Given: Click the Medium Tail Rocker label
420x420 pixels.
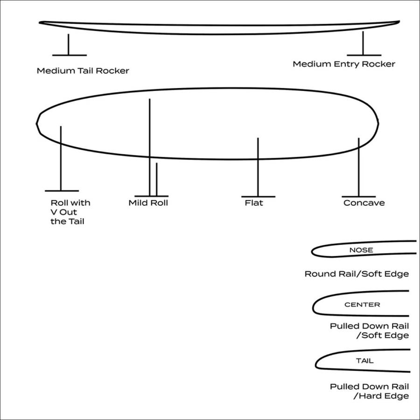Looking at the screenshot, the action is tap(83, 71).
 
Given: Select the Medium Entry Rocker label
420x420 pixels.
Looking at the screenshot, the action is tap(344, 64).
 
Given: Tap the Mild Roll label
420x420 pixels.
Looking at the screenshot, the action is tap(148, 203).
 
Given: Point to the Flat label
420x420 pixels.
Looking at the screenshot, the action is tap(254, 203).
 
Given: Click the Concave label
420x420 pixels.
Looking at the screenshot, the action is tap(364, 203).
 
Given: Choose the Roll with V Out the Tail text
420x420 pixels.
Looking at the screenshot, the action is tap(70, 212).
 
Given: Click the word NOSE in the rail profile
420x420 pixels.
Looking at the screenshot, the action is tap(361, 250).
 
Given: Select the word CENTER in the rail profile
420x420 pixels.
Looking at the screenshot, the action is tap(362, 305).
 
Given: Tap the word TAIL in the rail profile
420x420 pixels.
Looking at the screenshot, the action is tap(364, 361).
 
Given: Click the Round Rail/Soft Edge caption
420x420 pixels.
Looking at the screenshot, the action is tap(357, 274).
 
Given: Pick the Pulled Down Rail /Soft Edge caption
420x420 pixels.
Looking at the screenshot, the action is tap(370, 330).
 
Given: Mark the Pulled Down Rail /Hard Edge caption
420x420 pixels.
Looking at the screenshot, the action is tap(370, 391).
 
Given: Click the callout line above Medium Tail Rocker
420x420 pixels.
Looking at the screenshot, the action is tap(69, 44).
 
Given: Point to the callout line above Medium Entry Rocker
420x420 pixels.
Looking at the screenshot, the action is tap(363, 43).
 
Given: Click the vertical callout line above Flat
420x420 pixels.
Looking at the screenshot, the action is tap(258, 167).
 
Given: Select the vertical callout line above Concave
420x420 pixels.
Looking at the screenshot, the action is tap(359, 167).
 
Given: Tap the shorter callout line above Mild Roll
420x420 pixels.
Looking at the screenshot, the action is tap(157, 180).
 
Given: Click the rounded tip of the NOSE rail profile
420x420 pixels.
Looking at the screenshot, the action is tap(312, 252).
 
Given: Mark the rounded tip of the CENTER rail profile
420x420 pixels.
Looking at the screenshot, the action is tap(313, 308).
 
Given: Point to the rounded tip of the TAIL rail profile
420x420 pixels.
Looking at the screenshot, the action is tap(316, 365).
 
